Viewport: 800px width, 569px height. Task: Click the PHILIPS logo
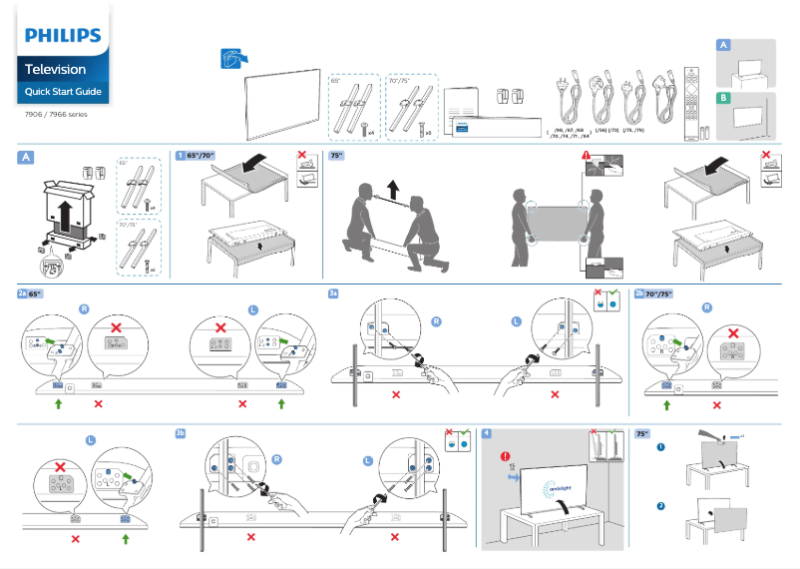click(63, 36)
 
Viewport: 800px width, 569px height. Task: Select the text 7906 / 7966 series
click(56, 115)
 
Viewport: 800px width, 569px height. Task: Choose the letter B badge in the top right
click(724, 98)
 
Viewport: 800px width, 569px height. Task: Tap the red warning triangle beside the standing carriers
click(587, 156)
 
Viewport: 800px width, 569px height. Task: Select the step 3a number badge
click(335, 294)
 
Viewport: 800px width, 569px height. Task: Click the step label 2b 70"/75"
click(654, 294)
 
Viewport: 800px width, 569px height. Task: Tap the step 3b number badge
click(181, 433)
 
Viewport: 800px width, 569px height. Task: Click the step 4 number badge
click(486, 433)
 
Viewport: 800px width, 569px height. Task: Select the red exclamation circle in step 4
click(508, 457)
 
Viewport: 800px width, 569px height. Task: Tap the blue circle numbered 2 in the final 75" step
click(660, 507)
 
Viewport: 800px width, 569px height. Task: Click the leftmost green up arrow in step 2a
click(59, 403)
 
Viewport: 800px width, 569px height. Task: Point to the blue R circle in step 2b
click(707, 307)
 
